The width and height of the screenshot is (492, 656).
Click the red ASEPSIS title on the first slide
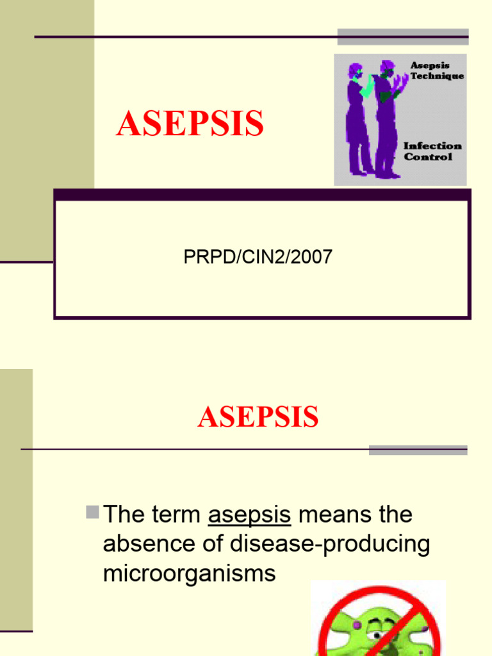[x=190, y=124]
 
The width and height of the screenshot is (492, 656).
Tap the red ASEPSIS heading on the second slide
[x=258, y=417]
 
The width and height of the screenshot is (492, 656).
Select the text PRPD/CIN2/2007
[x=258, y=258]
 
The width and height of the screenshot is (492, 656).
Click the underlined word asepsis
[x=250, y=514]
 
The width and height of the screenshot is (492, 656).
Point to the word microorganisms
[x=189, y=573]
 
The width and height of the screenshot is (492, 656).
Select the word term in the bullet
[x=176, y=514]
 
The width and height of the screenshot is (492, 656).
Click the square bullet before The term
[x=92, y=512]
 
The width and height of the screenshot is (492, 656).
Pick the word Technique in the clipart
[x=438, y=76]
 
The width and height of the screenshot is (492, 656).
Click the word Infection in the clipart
[x=432, y=146]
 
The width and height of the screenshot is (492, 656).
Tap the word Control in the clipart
[x=428, y=157]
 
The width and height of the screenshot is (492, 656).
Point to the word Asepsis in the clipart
[x=430, y=65]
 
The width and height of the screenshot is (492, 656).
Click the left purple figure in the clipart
[x=356, y=122]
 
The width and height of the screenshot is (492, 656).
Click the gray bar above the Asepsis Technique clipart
[x=403, y=37]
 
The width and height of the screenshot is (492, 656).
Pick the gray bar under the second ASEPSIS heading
[x=418, y=450]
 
